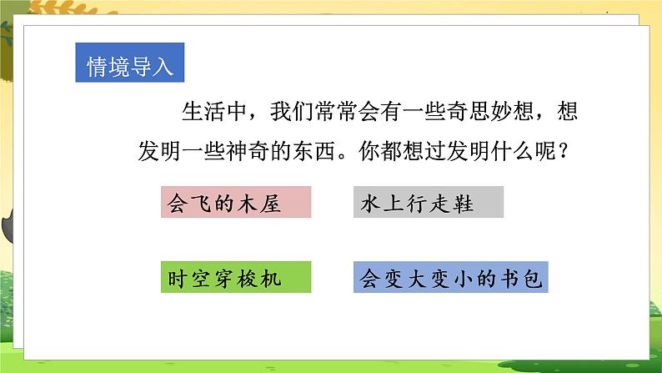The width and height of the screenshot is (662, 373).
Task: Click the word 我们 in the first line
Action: tap(288, 112)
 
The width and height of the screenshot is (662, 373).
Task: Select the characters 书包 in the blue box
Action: tap(527, 278)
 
